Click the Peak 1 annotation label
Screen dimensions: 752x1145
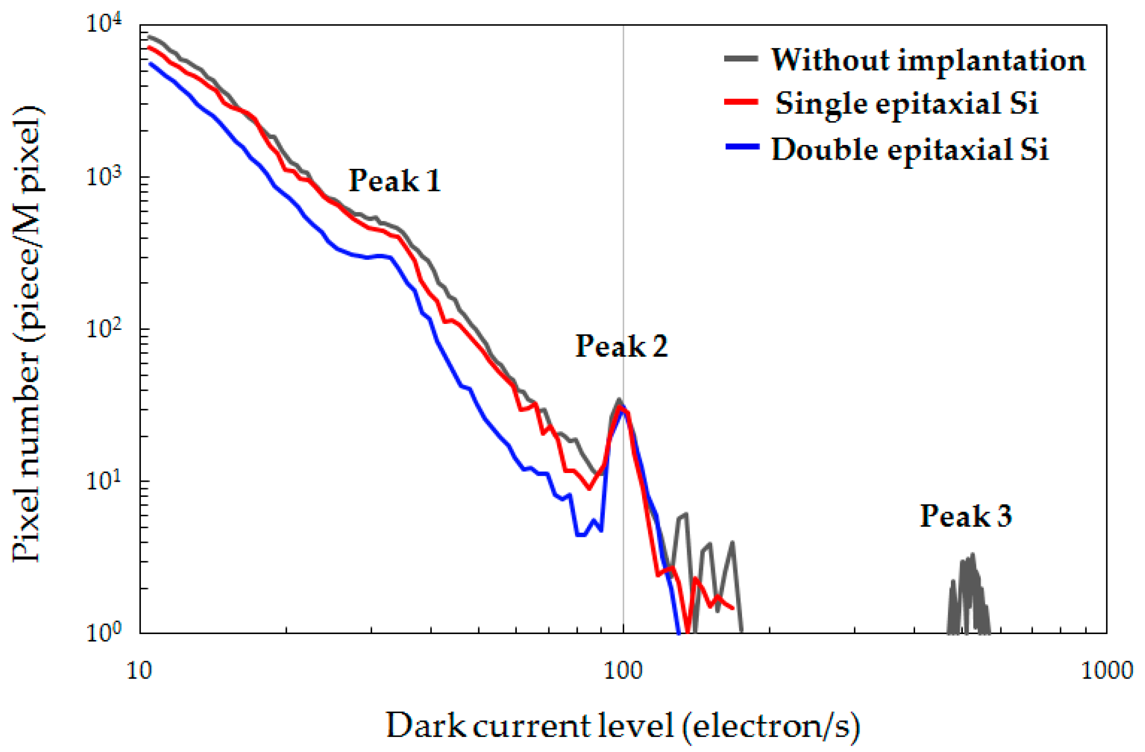[x=395, y=181]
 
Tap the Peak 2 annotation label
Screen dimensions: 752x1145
[x=621, y=346]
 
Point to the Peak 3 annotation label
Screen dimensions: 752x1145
[x=966, y=516]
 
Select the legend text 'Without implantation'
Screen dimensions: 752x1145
[x=928, y=61]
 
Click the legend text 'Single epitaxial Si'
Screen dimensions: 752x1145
[x=907, y=103]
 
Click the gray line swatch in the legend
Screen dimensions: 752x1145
[x=741, y=59]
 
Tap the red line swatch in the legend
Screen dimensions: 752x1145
[x=741, y=102]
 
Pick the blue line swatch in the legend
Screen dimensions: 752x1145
[x=741, y=147]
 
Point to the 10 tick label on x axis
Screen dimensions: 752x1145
[x=140, y=671]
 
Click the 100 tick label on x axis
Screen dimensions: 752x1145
[x=623, y=671]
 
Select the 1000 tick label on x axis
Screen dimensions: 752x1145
[x=1106, y=671]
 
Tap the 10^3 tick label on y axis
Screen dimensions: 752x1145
[x=105, y=177]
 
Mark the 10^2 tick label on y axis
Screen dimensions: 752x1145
[x=105, y=329]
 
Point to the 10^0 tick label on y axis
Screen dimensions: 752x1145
[x=105, y=633]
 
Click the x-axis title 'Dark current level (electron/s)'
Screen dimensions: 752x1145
[x=623, y=726]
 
